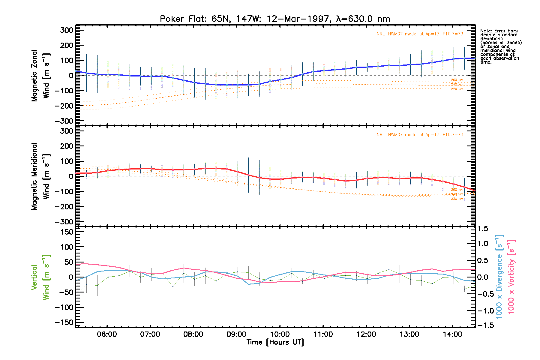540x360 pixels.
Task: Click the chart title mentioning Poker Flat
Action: (x=275, y=19)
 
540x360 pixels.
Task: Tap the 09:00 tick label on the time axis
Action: (x=237, y=334)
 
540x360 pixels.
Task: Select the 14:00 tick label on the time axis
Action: (x=453, y=334)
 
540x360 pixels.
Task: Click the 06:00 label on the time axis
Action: (x=107, y=334)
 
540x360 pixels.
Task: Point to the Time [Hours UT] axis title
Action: (x=275, y=342)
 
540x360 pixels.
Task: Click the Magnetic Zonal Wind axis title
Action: (x=40, y=75)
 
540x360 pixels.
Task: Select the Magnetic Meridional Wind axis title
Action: (x=40, y=176)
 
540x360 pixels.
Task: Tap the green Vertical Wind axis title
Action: (x=40, y=277)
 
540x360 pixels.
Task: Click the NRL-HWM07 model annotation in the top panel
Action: (x=420, y=34)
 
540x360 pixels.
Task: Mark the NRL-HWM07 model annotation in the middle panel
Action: (x=420, y=135)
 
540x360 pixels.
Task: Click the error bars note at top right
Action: (x=500, y=46)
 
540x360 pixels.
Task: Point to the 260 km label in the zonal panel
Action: (x=457, y=80)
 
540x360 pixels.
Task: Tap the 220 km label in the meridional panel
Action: (x=457, y=199)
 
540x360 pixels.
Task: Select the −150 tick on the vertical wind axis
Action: (x=64, y=322)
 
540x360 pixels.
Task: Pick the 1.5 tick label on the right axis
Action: (x=483, y=229)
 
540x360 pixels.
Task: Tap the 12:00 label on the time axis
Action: (x=366, y=334)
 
